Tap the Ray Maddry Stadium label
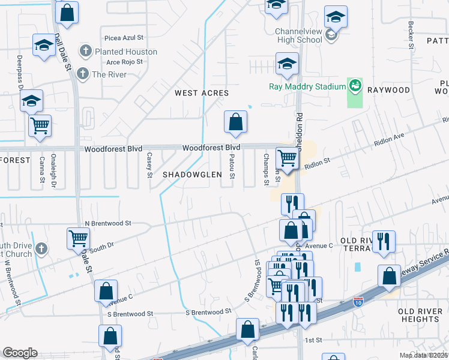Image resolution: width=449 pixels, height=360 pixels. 307,86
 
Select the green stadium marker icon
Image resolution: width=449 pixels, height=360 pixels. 355,86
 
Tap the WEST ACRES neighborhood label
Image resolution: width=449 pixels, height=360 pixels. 202,93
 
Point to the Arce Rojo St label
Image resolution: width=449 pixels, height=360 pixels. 124,61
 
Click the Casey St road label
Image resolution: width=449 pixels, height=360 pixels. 149,165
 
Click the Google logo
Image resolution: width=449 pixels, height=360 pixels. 20,353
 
